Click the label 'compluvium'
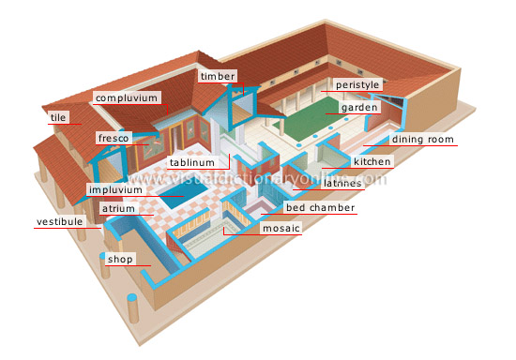click(127, 97)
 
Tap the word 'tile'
click(58, 118)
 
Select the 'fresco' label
click(114, 139)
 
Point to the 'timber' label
click(218, 76)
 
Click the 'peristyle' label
click(357, 85)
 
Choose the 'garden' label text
click(359, 108)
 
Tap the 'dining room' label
click(423, 140)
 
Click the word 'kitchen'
click(372, 162)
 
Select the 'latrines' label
click(342, 184)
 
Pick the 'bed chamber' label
click(320, 207)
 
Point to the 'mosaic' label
click(281, 228)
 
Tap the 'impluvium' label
click(115, 189)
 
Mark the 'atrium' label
click(119, 208)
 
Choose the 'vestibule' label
click(59, 222)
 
